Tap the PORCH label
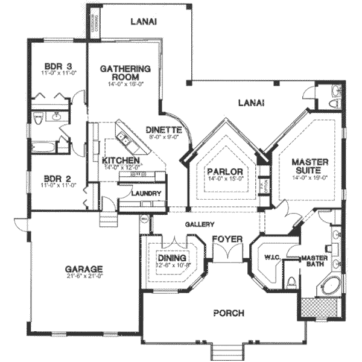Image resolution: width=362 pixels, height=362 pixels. tap(229, 313)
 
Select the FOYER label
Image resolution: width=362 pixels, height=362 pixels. tap(227, 239)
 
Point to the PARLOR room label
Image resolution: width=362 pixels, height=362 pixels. tap(224, 172)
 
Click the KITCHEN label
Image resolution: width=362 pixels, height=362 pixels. tap(121, 160)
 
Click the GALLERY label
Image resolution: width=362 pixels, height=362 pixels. tap(200, 224)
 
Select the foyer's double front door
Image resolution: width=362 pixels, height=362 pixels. tap(227, 255)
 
